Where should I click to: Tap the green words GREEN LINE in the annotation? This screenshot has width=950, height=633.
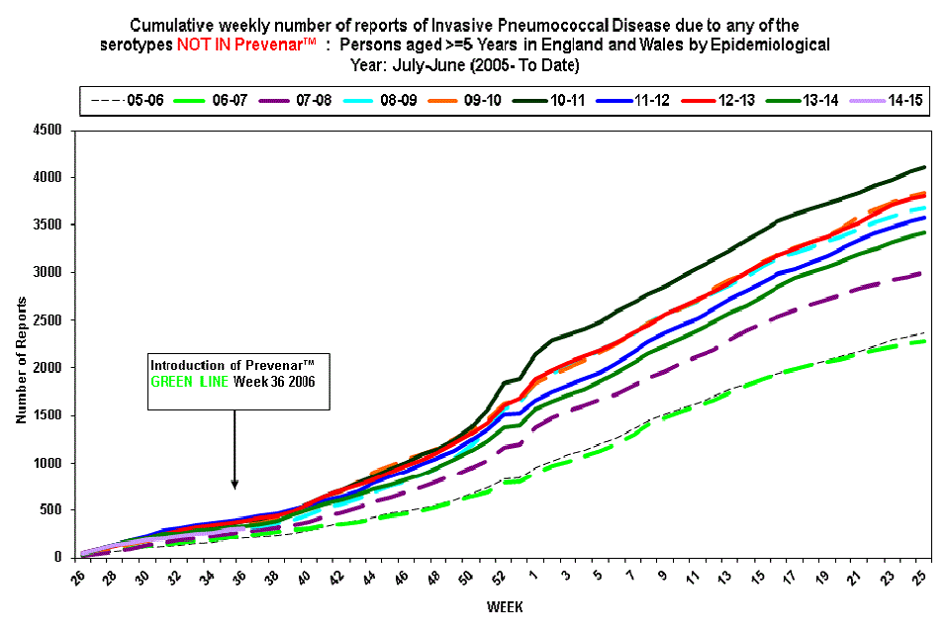coord(190,381)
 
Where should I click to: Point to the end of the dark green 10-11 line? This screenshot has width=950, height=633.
coord(924,167)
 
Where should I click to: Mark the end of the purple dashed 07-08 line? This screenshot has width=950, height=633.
coord(924,273)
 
